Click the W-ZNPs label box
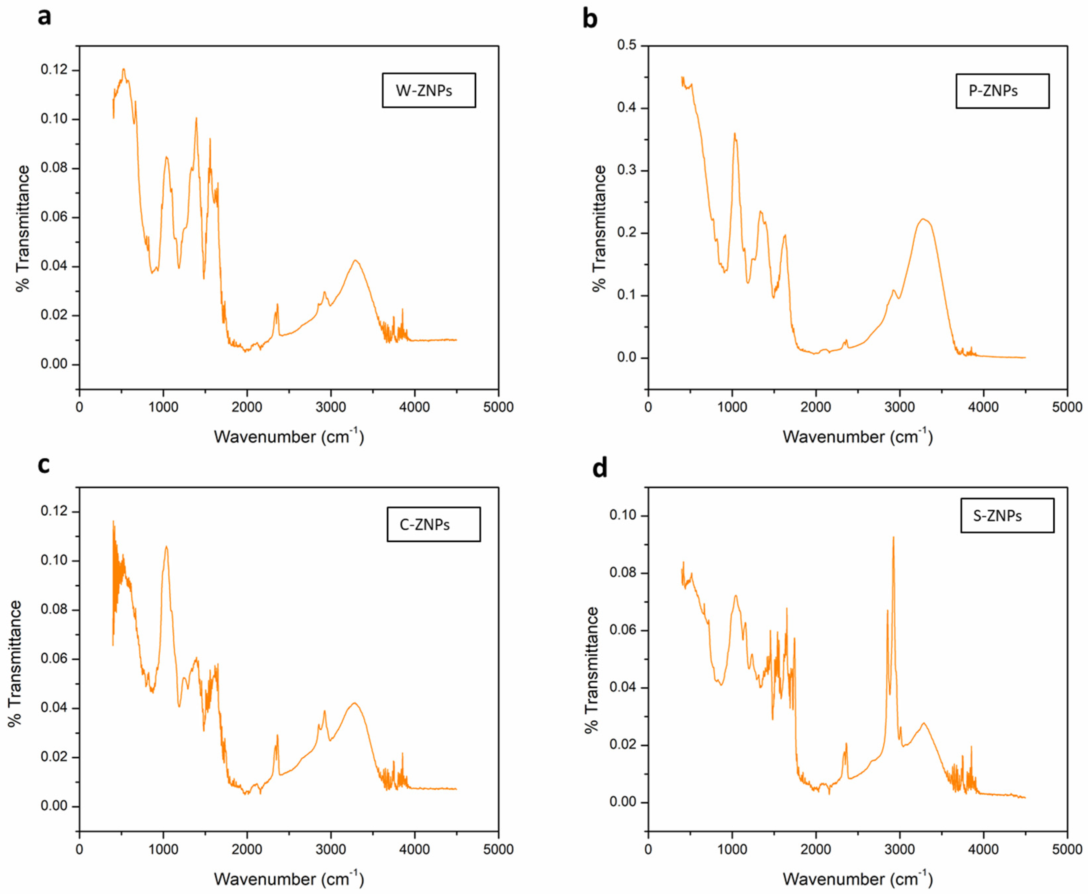(x=428, y=91)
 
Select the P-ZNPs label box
(x=1002, y=91)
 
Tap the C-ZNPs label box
(x=433, y=525)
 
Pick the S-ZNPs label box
(x=1007, y=515)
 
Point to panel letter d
(x=600, y=467)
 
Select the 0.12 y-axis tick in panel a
(x=54, y=70)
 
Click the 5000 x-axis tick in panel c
(x=498, y=849)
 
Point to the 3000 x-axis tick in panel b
(x=900, y=407)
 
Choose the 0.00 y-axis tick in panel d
(x=623, y=802)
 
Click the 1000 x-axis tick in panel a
(x=163, y=407)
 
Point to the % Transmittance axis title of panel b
(x=599, y=228)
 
